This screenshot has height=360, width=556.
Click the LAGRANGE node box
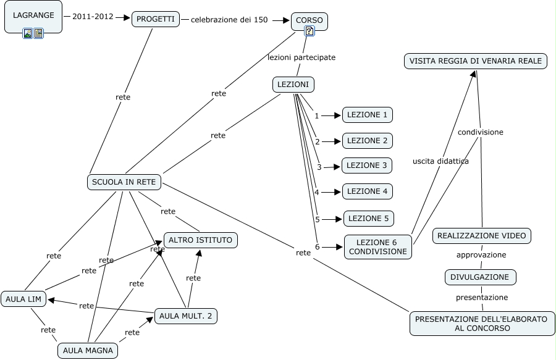(x=33, y=15)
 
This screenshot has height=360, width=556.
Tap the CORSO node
(x=309, y=20)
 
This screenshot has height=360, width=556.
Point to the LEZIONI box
(x=293, y=85)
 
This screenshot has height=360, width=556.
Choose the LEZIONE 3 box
(x=367, y=165)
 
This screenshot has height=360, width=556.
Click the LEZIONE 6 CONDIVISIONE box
(x=377, y=246)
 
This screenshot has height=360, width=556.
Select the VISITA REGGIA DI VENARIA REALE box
(x=476, y=61)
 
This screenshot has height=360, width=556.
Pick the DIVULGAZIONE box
(x=480, y=277)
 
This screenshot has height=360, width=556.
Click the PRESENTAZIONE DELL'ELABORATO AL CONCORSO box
(x=482, y=324)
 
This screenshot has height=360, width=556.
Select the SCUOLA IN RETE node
(x=124, y=182)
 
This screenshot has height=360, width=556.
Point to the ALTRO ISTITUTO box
(x=200, y=240)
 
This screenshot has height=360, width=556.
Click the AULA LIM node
(x=23, y=299)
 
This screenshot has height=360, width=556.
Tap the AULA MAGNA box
(x=88, y=351)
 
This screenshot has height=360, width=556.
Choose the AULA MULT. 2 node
(x=185, y=316)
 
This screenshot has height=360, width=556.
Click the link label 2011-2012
(x=93, y=17)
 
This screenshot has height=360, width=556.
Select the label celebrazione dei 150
(x=229, y=20)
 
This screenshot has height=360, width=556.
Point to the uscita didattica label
(x=440, y=161)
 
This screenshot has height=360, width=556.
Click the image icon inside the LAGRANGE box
(x=28, y=33)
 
